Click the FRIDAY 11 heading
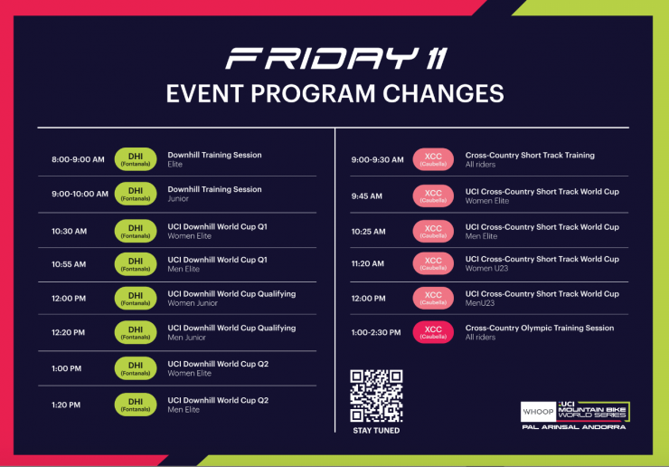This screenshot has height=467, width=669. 336,59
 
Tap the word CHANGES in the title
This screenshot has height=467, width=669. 443,93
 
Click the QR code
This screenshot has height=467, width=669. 376,396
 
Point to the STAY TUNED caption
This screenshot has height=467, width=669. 376,431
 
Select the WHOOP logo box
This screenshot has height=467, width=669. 539,412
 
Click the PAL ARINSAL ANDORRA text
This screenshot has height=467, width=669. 574,427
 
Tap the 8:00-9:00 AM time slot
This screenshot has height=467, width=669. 78,159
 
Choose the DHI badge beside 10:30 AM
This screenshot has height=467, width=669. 136,231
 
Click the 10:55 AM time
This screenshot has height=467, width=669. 69,264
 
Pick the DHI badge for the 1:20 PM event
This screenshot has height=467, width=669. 136,405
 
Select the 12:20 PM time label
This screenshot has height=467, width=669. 69,332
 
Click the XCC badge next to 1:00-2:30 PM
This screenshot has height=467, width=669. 433,332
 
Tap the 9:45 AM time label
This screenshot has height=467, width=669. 366,196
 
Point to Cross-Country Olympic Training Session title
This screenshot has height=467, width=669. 540,329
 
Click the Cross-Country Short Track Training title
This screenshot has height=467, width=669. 530,155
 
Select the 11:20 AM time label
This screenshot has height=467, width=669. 367,263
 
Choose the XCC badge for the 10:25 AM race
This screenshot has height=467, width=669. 433,231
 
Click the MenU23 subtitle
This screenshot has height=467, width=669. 479,303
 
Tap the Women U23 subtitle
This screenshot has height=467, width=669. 486,268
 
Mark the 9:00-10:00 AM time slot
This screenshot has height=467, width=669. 80,194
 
